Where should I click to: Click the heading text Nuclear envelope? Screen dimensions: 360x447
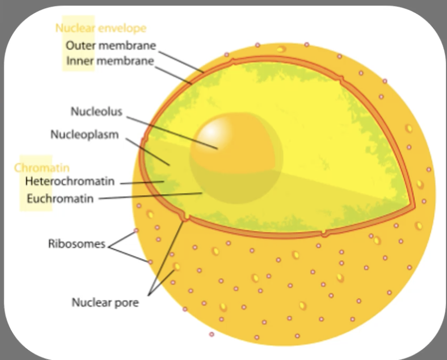(x=101, y=28)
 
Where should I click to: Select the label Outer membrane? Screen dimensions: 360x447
(x=111, y=45)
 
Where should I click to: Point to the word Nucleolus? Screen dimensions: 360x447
(x=96, y=112)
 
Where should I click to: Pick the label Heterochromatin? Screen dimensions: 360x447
(x=70, y=181)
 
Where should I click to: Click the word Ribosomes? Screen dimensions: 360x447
(x=76, y=244)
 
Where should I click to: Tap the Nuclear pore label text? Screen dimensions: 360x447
(x=105, y=302)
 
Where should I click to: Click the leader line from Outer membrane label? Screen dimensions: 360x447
(x=180, y=58)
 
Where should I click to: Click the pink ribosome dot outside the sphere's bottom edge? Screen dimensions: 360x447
(x=212, y=334)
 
